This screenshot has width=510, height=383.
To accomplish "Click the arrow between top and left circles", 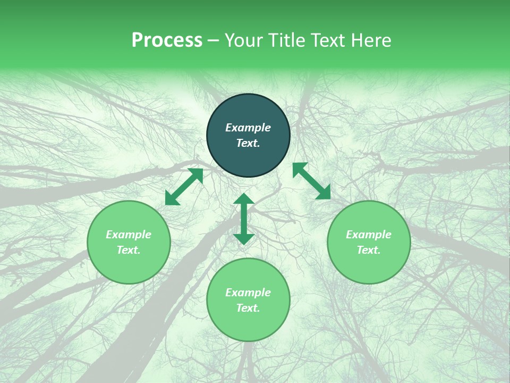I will point(184,187).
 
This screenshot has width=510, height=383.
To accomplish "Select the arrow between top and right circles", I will point(311,181).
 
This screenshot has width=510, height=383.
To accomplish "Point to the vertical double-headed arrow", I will point(244,219).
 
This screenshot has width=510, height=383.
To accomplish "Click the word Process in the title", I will point(167,40).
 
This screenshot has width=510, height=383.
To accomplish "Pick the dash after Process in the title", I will point(214,40).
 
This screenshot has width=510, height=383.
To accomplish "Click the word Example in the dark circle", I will point(248,128).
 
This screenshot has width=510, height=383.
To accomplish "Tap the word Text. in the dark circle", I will point(248,143).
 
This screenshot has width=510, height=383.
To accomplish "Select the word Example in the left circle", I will point(129,235).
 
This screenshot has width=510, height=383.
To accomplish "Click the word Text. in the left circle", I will point(129,250).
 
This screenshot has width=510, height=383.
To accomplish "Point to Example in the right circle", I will point(369,235).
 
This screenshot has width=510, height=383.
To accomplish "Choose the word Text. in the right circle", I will point(369,250).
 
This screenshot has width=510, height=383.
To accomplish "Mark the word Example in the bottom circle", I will point(248,293).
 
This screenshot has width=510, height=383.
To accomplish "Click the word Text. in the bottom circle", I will point(248,308).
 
